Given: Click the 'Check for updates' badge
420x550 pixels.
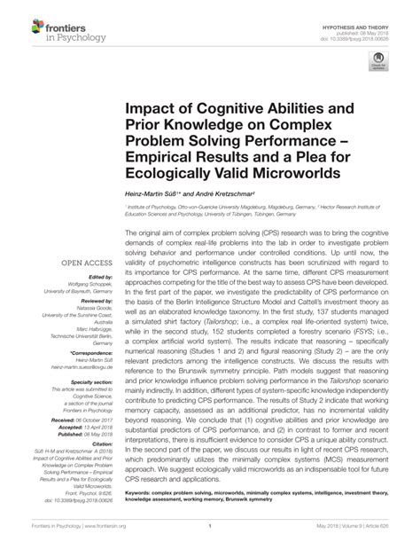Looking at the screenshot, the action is pos(379,85).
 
